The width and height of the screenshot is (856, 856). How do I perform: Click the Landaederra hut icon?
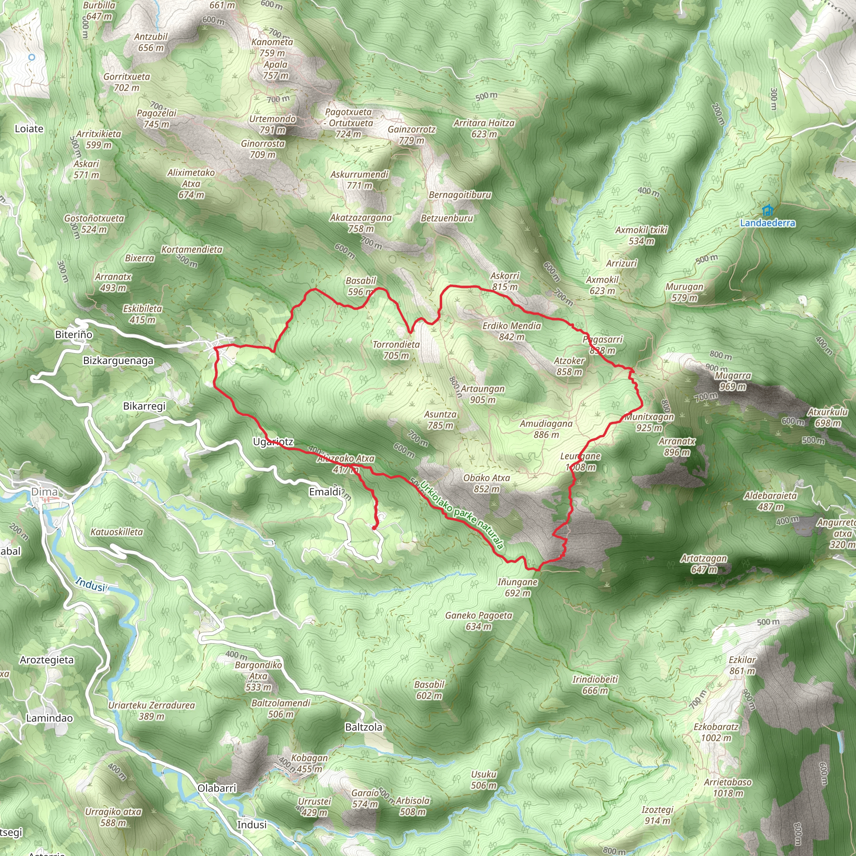767,210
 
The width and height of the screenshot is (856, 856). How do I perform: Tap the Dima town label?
44,492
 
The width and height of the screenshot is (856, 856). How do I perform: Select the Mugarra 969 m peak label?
733,381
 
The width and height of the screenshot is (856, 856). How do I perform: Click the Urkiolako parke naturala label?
462,515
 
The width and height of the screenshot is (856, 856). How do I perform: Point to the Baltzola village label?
363,727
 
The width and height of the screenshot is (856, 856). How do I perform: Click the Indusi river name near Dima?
90,584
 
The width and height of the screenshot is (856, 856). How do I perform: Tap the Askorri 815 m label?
504,281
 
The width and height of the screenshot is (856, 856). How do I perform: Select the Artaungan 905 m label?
482,394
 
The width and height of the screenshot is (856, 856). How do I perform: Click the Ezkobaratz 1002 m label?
716,732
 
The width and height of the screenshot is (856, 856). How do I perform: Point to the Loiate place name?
29,129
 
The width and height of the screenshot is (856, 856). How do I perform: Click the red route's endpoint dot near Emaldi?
374,528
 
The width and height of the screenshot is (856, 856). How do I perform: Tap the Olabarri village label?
217,788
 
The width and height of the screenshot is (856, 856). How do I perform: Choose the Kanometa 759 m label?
272,47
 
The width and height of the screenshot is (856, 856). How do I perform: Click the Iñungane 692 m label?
517,587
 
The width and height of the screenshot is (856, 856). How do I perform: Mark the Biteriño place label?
74,334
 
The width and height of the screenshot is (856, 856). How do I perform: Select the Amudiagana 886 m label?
546,429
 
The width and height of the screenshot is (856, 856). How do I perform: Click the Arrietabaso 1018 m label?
728,787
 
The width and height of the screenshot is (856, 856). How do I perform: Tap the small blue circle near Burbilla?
31,57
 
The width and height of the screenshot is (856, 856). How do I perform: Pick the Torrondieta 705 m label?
396,349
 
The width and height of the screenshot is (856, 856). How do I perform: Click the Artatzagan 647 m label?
703,563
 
